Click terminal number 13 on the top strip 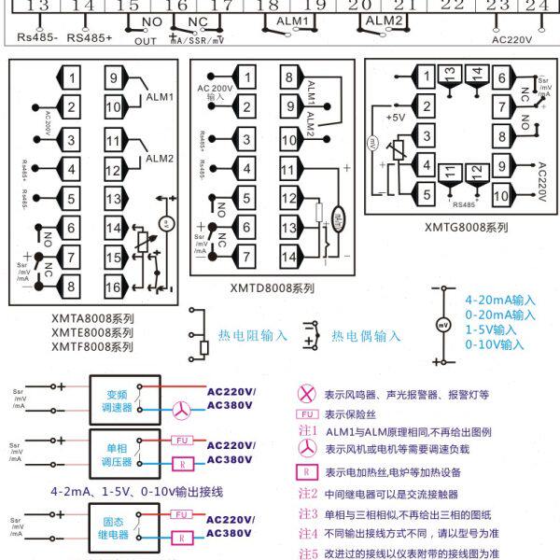click(x=37, y=6)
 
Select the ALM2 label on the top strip click(x=383, y=20)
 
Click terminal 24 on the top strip click(x=535, y=6)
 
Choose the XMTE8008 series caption click(x=92, y=332)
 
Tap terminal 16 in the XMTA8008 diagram click(x=112, y=287)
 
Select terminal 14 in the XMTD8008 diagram click(x=287, y=256)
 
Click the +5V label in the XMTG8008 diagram click(x=395, y=119)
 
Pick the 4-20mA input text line click(x=500, y=301)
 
